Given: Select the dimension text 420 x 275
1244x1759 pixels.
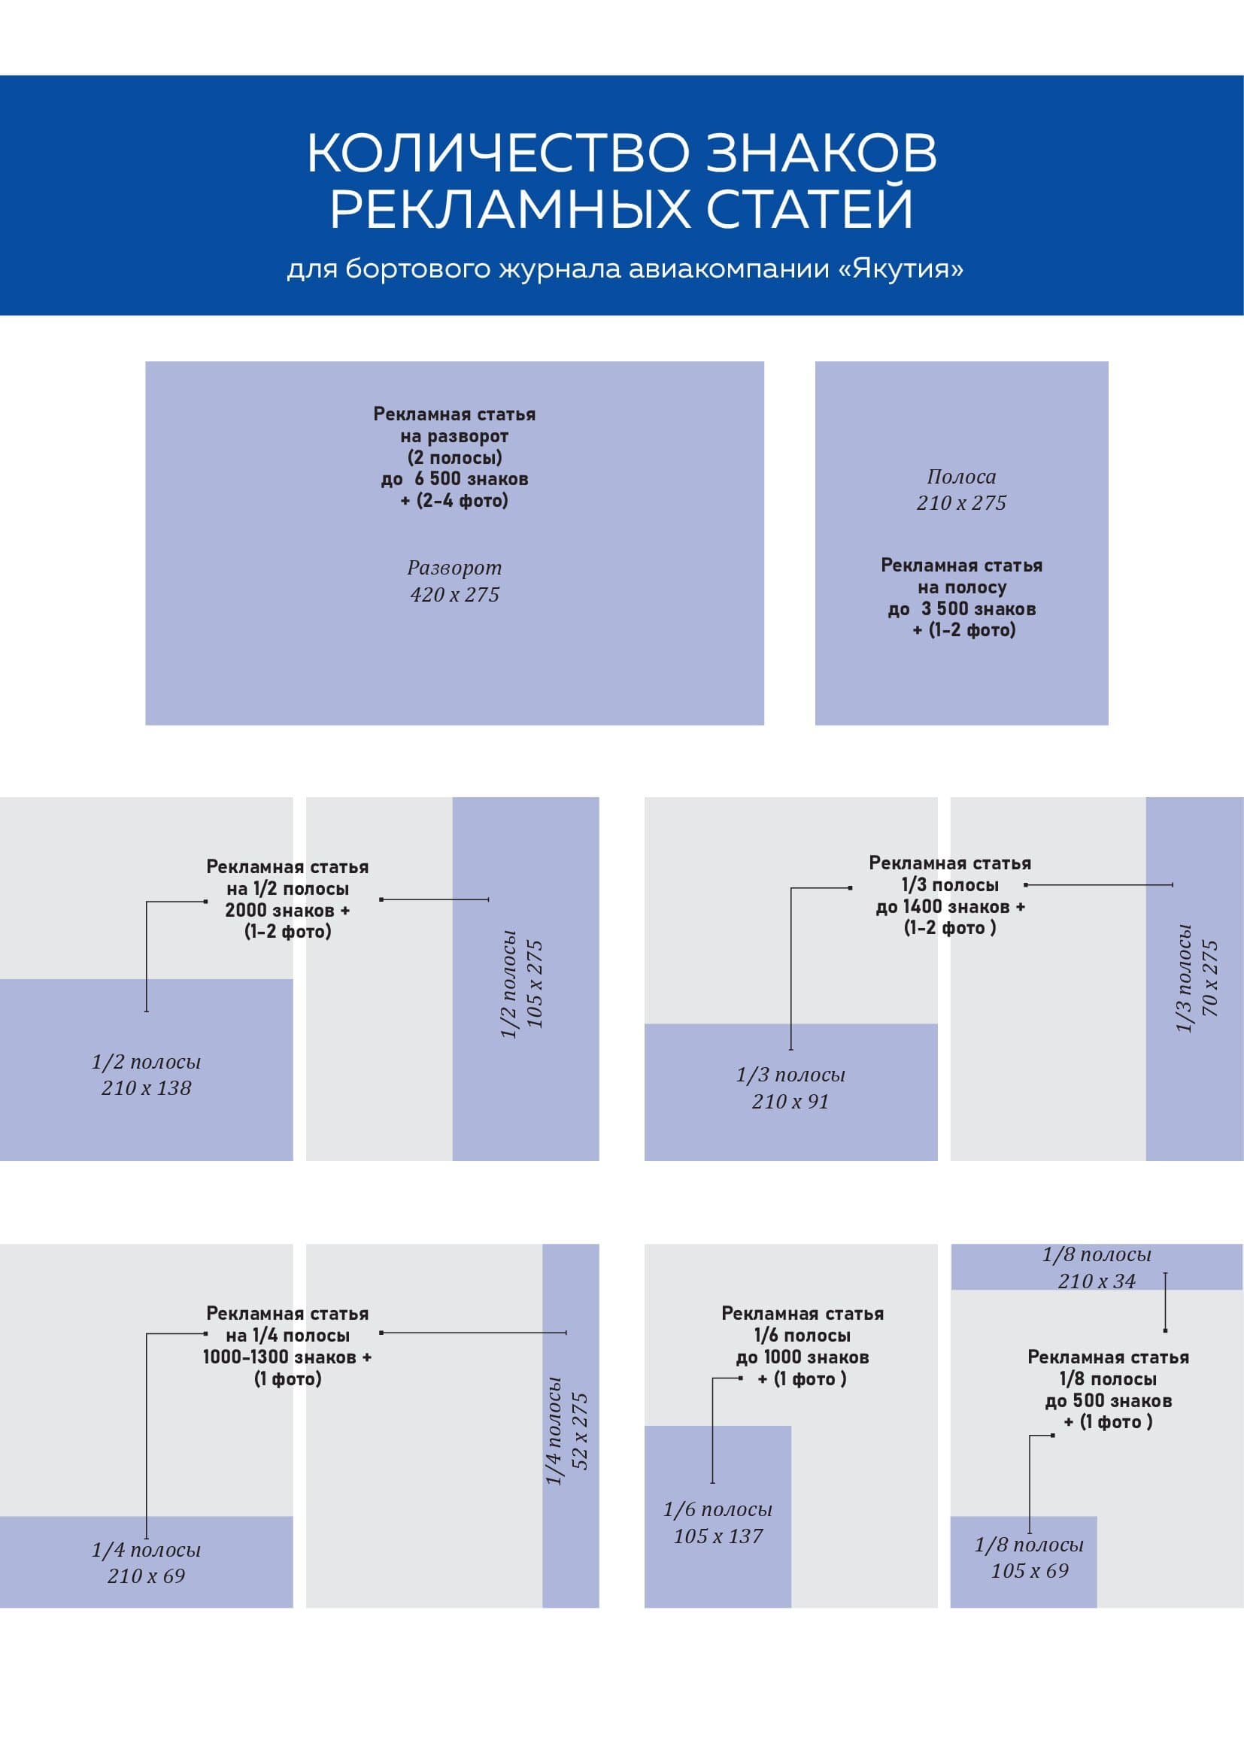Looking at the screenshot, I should (x=454, y=595).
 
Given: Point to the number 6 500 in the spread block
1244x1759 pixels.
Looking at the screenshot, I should (x=438, y=480).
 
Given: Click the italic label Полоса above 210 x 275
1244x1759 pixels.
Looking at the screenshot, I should (x=961, y=477).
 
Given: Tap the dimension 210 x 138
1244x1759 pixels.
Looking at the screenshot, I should (x=147, y=1088).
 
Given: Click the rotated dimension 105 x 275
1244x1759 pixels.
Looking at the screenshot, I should (x=536, y=984).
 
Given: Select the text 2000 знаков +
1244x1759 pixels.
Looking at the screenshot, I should (x=287, y=910).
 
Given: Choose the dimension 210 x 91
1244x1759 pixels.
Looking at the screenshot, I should (x=790, y=1102).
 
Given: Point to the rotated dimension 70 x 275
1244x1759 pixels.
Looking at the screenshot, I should (x=1210, y=978).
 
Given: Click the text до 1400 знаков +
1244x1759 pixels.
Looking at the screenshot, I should (x=950, y=907).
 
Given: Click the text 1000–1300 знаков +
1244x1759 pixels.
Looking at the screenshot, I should (x=287, y=1357).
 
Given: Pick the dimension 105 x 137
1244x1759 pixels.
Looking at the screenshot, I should (x=718, y=1536).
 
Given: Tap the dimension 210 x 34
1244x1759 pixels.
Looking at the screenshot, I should (x=1096, y=1281).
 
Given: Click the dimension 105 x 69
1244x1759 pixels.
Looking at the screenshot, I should (x=1029, y=1571).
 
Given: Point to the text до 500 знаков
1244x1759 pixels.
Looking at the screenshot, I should (x=1108, y=1401).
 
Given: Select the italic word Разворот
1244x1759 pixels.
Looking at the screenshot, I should (x=454, y=568).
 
